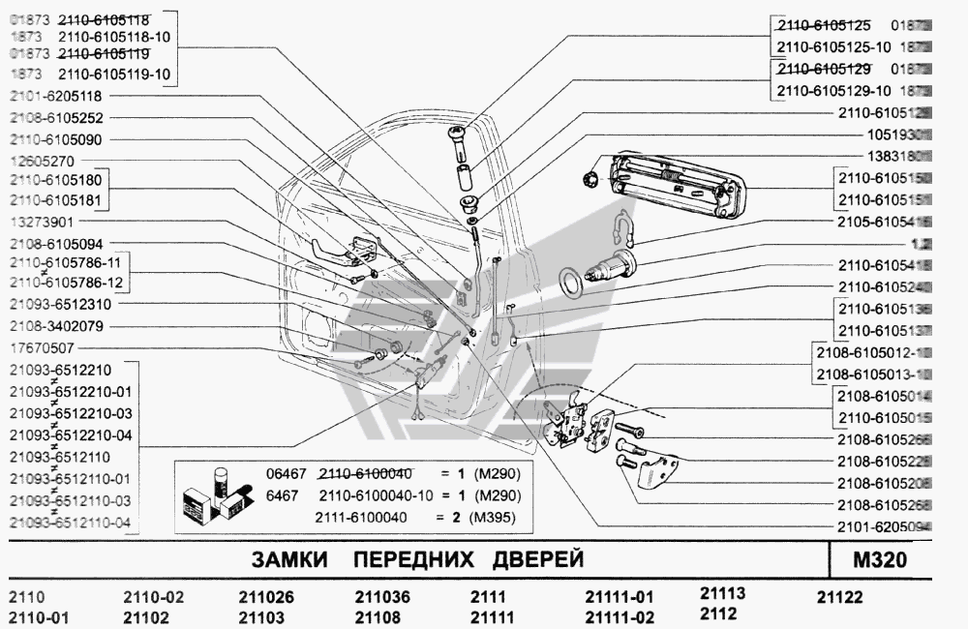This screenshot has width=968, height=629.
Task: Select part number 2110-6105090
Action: click(x=56, y=139)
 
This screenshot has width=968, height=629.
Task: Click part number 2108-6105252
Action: click(x=56, y=118)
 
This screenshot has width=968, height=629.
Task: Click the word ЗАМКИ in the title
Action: click(x=288, y=560)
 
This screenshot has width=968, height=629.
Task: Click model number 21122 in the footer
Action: click(x=839, y=597)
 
